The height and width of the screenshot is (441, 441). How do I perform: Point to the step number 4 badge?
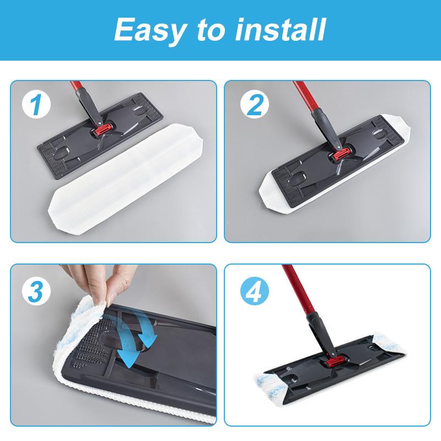coord(253,291)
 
